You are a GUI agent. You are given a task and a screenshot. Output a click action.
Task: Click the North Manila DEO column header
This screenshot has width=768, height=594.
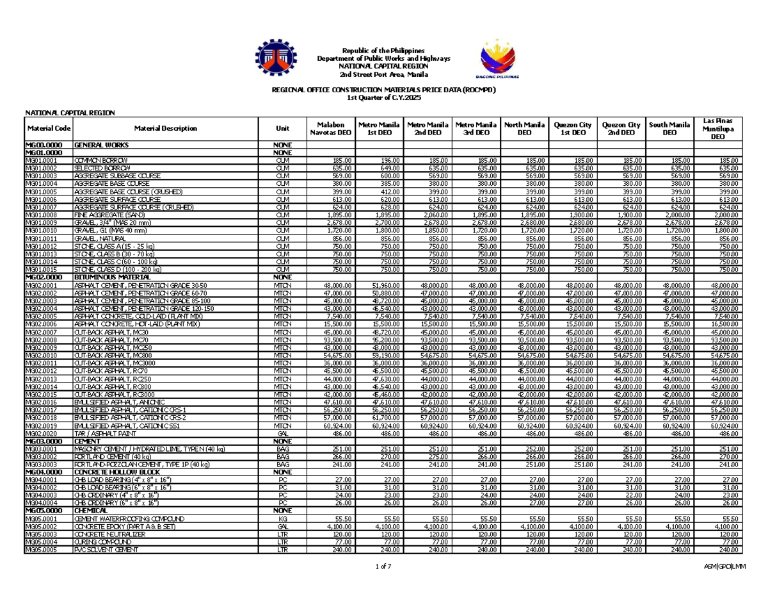click(523, 128)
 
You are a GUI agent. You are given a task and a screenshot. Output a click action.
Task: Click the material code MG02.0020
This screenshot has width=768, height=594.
click(39, 434)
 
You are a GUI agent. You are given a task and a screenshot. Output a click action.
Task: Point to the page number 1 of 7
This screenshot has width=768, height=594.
click(383, 566)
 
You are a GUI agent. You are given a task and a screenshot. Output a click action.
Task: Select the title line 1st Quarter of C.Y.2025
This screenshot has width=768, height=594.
click(383, 97)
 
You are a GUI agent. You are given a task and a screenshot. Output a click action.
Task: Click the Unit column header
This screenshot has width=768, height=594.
click(282, 128)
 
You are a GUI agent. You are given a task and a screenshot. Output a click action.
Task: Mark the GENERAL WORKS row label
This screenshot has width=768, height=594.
click(103, 145)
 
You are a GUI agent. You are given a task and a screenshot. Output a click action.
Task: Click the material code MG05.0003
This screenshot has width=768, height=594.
click(39, 534)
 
